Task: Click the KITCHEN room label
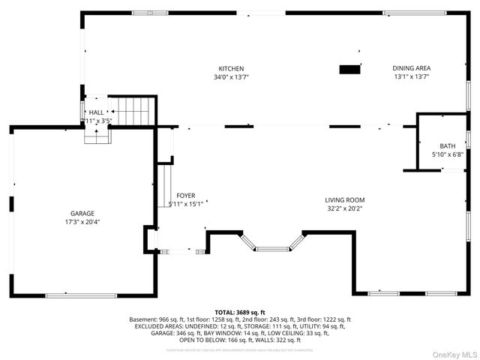tap(231, 68)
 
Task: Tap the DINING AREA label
tap(412, 68)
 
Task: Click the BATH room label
tap(447, 146)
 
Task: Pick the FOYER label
tap(186, 195)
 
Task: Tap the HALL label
tap(96, 112)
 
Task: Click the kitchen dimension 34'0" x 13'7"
tap(231, 76)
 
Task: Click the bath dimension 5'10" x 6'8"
tap(447, 154)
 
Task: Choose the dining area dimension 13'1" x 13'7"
tap(412, 76)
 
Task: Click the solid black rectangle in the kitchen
tap(349, 69)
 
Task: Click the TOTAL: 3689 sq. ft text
tap(240, 312)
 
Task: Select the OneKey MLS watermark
tap(454, 353)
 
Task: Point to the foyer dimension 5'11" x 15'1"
tap(186, 203)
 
